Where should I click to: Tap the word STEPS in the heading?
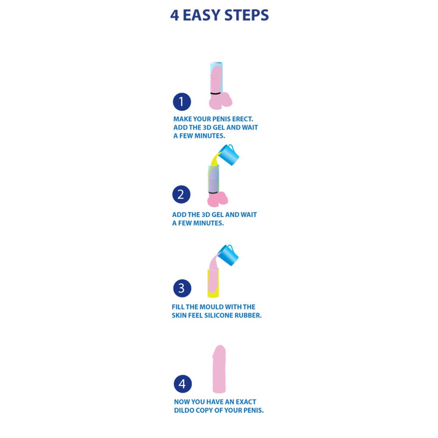coord(247,15)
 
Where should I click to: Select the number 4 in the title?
coord(175,15)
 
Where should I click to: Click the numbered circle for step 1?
coord(182,102)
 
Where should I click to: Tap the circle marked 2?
coord(181,194)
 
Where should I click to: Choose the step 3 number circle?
coord(181,288)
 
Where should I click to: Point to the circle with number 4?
coord(183,384)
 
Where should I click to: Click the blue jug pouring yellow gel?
coord(229,154)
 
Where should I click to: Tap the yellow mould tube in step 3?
coord(209,285)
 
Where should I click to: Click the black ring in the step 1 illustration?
coord(215,93)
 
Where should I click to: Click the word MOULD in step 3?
coord(215,307)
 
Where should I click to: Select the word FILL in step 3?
coord(179,307)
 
